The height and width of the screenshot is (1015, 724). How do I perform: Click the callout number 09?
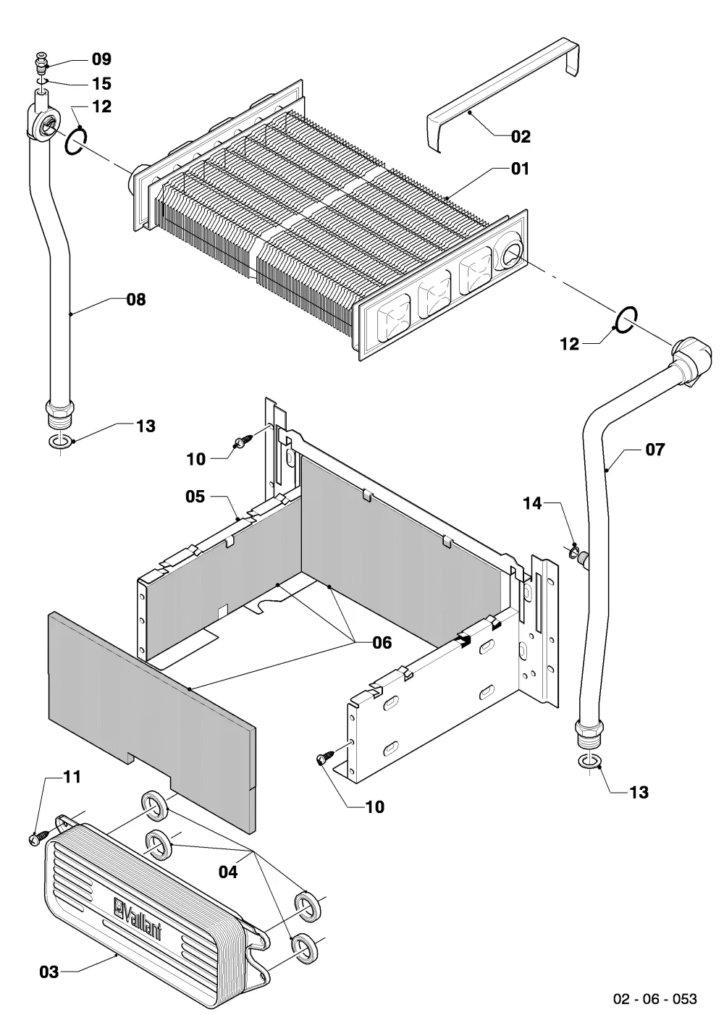101,59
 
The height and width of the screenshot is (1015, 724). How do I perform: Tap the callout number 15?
101,83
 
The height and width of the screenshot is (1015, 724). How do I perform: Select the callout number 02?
521,136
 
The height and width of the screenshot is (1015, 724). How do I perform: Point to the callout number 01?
520,169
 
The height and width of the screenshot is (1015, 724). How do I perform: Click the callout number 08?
136,300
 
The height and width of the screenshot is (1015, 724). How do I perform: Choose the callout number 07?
654,450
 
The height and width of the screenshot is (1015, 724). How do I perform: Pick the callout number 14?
532,503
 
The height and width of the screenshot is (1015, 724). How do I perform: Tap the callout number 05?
195,496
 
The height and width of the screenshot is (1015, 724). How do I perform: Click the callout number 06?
382,643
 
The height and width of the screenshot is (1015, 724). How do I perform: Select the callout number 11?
72,777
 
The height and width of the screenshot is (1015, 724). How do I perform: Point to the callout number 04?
228,872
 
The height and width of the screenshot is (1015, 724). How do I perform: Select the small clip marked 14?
573,551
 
